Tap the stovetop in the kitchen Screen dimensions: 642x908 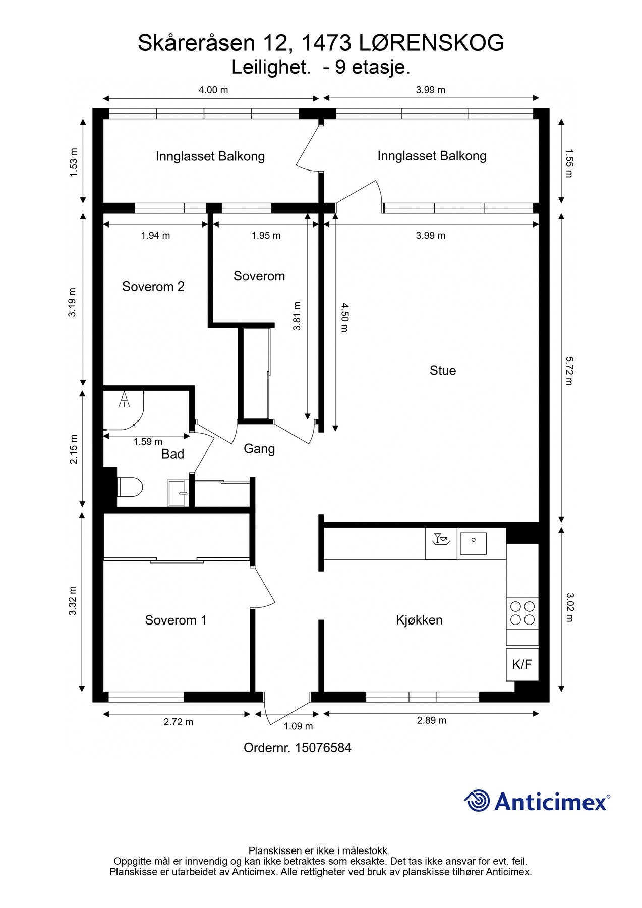[522, 613]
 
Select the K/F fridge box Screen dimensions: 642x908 [522, 664]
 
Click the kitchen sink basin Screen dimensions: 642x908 [473, 543]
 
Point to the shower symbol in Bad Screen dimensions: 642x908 [124, 399]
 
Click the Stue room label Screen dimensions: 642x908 [443, 371]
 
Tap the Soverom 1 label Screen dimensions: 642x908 [176, 620]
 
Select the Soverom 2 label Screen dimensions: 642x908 [153, 287]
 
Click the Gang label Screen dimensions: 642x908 [259, 449]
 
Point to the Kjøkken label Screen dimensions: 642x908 [419, 620]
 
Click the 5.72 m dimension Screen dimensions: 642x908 [569, 371]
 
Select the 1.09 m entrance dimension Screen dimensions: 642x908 [298, 727]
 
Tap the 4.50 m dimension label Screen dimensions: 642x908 [344, 317]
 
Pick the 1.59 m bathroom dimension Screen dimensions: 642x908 [148, 442]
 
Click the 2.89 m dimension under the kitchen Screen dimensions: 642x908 [431, 721]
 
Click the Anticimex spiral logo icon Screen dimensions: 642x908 [477, 801]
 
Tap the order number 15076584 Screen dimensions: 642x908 [323, 748]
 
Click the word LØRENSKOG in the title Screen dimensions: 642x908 [432, 43]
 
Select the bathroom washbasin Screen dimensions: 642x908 [178, 493]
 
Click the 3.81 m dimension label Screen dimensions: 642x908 [297, 316]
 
